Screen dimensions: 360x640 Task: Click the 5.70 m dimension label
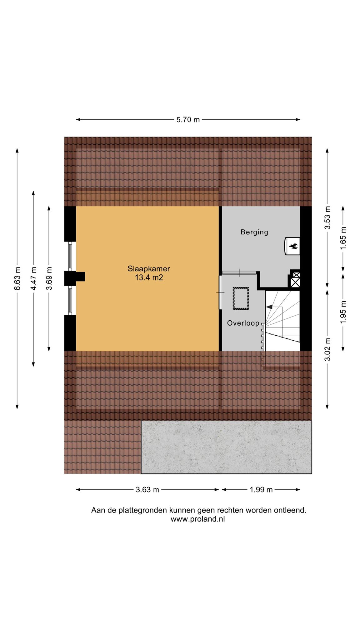pyautogui.click(x=188, y=120)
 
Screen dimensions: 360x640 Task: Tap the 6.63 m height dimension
pyautogui.click(x=17, y=278)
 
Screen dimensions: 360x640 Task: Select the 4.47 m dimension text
pyautogui.click(x=34, y=278)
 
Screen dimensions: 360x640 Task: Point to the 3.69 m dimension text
pyautogui.click(x=49, y=278)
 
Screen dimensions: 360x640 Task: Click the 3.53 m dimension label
pyautogui.click(x=327, y=218)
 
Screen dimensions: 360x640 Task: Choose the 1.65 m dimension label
pyautogui.click(x=343, y=238)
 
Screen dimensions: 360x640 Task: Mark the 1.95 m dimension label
pyautogui.click(x=343, y=312)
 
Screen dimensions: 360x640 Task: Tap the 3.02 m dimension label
pyautogui.click(x=327, y=350)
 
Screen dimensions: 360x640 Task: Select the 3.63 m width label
pyautogui.click(x=147, y=490)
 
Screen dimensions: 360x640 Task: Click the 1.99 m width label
pyautogui.click(x=261, y=490)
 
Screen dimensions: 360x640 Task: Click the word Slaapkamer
pyautogui.click(x=149, y=268)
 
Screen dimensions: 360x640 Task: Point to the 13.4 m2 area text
pyautogui.click(x=149, y=277)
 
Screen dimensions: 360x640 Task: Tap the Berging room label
pyautogui.click(x=254, y=232)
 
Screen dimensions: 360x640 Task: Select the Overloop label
pyautogui.click(x=243, y=323)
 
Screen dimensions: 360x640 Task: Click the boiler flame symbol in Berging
pyautogui.click(x=293, y=246)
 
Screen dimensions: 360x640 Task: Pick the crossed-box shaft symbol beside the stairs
pyautogui.click(x=295, y=280)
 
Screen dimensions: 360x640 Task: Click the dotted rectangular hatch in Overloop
pyautogui.click(x=241, y=298)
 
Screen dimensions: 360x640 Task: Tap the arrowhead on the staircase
pyautogui.click(x=269, y=307)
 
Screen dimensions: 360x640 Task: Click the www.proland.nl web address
pyautogui.click(x=197, y=519)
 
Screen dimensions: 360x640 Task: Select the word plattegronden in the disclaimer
pyautogui.click(x=144, y=510)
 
